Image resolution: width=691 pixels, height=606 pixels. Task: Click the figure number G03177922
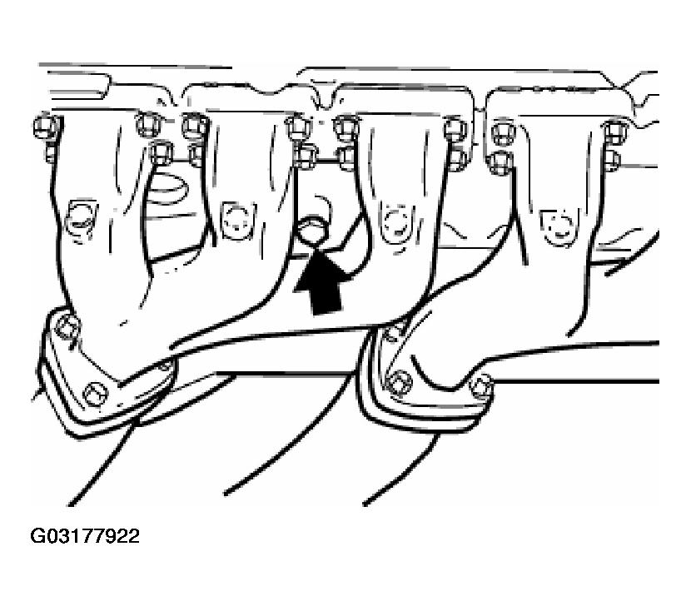(x=85, y=536)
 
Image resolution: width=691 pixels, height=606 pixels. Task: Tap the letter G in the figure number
(x=37, y=536)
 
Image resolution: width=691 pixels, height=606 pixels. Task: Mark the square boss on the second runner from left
(x=238, y=221)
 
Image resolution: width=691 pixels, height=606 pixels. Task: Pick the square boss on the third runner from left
(x=395, y=222)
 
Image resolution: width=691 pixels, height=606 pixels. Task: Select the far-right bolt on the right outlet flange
(x=480, y=385)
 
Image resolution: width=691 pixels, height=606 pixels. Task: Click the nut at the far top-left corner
(x=47, y=126)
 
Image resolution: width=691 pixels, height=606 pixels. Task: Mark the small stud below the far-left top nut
(x=51, y=152)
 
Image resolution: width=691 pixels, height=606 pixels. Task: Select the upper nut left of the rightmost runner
(x=502, y=132)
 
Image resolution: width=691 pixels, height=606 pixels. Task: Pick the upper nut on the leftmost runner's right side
(x=148, y=124)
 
